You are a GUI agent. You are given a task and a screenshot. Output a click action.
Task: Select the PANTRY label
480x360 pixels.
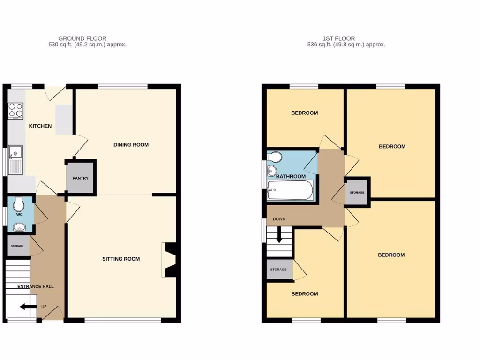click(x=81, y=178)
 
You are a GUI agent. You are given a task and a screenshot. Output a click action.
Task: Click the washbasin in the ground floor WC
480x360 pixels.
click(x=19, y=227)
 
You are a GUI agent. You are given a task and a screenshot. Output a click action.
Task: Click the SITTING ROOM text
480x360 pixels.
click(x=121, y=259)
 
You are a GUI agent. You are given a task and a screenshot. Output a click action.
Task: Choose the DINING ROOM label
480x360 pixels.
click(x=131, y=145)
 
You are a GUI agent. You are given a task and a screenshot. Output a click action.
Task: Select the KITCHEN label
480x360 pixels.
click(x=40, y=126)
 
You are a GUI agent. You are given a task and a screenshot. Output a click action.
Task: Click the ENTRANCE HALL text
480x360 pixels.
click(x=36, y=286)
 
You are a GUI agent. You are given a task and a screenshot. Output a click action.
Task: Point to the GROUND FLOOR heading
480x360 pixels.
click(x=82, y=38)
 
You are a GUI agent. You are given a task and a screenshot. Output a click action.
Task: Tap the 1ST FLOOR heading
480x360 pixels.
click(x=338, y=38)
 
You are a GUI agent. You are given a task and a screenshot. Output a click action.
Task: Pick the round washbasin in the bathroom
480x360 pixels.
click(x=271, y=171)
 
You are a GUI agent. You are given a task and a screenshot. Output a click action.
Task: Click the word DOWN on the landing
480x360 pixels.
click(x=279, y=219)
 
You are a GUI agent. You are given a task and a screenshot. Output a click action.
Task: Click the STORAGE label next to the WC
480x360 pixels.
click(x=18, y=246)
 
